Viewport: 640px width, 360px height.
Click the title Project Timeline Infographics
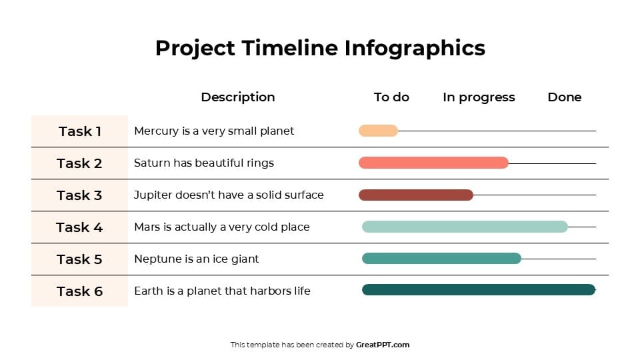point(320,48)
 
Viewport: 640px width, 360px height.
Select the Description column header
point(238,97)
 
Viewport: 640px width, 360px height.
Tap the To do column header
point(391,97)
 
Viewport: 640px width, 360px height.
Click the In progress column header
point(479,97)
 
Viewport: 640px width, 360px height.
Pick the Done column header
point(564,97)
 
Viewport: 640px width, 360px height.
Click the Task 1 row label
point(79,131)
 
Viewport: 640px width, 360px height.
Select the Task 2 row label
point(79,163)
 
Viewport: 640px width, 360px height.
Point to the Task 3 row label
point(79,195)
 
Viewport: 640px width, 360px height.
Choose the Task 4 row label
point(79,227)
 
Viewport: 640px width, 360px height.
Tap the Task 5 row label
point(79,259)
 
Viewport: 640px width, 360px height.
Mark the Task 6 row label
point(79,291)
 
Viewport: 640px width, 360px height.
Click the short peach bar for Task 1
point(378,131)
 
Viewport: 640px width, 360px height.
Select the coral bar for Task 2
point(433,163)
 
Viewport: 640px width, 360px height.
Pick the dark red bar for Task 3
point(416,195)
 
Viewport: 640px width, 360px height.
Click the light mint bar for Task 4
point(465,227)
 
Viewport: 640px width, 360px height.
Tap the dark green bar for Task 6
point(478,289)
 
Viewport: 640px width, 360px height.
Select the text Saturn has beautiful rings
point(204,163)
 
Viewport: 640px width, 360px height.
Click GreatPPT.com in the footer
point(383,345)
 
